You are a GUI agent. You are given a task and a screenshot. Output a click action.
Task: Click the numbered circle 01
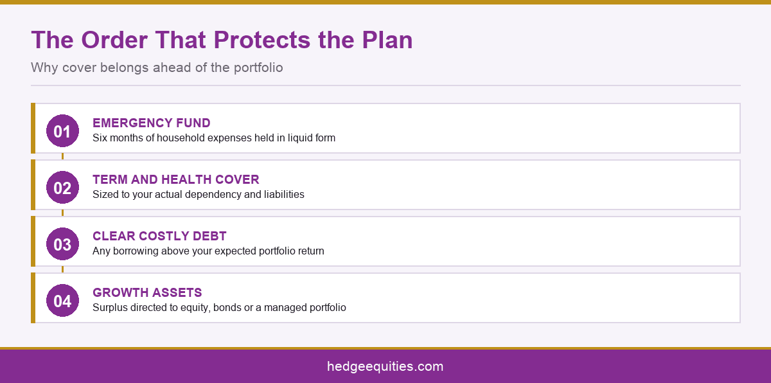pyautogui.click(x=62, y=130)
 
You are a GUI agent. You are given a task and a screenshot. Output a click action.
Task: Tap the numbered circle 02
pyautogui.click(x=62, y=187)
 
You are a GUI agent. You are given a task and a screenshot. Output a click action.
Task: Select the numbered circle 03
pyautogui.click(x=62, y=244)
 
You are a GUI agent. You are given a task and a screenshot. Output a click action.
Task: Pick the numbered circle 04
pyautogui.click(x=62, y=300)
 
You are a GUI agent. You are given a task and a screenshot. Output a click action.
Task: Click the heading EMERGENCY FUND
pyautogui.click(x=152, y=123)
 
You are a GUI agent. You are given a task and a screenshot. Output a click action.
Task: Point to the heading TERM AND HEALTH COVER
pyautogui.click(x=176, y=179)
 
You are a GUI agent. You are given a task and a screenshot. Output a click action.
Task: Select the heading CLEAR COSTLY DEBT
pyautogui.click(x=159, y=236)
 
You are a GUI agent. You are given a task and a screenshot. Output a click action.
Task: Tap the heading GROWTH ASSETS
pyautogui.click(x=147, y=292)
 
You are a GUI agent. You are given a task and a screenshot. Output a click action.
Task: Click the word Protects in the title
pyautogui.click(x=262, y=40)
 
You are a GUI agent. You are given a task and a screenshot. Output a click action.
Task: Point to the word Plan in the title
pyautogui.click(x=387, y=40)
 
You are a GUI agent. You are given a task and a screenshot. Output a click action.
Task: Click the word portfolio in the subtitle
pyautogui.click(x=258, y=67)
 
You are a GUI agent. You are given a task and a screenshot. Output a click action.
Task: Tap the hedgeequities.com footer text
pyautogui.click(x=385, y=366)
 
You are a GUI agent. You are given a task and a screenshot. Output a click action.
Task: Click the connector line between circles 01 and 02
pyautogui.click(x=62, y=157)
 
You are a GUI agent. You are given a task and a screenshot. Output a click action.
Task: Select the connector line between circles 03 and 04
pyautogui.click(x=62, y=269)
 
